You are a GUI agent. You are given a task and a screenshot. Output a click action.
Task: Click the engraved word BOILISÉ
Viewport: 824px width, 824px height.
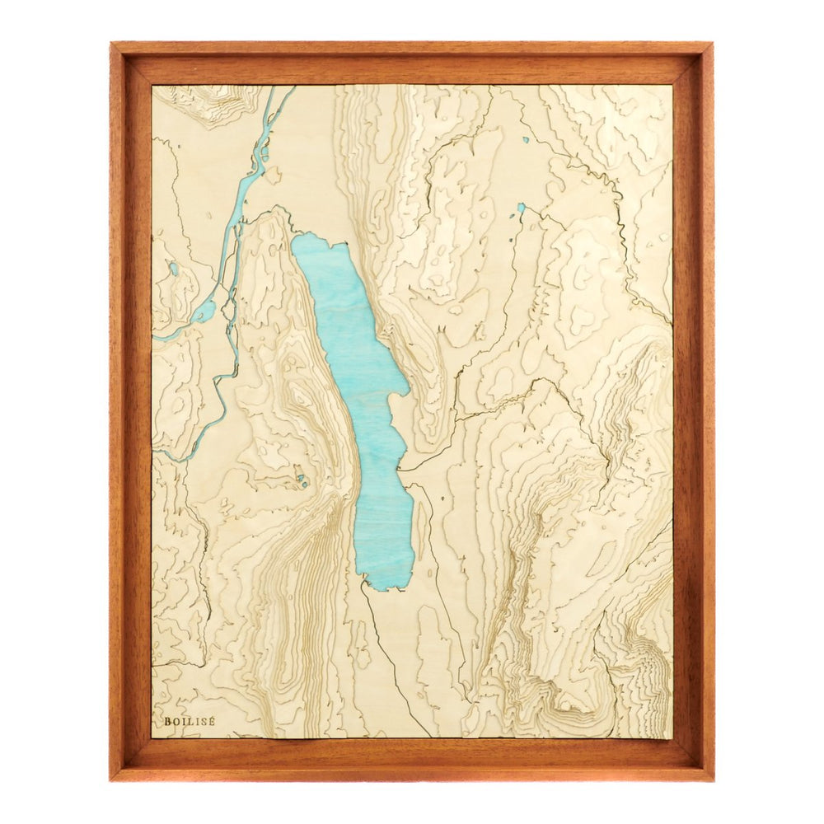pyautogui.click(x=190, y=721)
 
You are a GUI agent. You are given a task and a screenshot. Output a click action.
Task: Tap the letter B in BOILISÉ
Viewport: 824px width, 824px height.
pyautogui.click(x=167, y=721)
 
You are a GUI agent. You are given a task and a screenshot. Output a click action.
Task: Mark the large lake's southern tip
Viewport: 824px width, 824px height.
pyautogui.click(x=379, y=587)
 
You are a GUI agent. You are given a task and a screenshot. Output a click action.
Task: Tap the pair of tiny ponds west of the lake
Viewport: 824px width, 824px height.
pyautogui.click(x=302, y=480)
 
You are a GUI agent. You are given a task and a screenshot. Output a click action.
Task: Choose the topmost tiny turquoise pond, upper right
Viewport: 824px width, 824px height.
pyautogui.click(x=525, y=139)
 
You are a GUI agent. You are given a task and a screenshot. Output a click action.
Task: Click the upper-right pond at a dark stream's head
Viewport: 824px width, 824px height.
pyautogui.click(x=521, y=208)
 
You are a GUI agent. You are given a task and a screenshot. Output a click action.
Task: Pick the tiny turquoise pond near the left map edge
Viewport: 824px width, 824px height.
pyautogui.click(x=174, y=269)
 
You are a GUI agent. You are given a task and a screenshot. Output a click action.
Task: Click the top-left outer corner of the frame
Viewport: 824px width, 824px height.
pyautogui.click(x=111, y=43)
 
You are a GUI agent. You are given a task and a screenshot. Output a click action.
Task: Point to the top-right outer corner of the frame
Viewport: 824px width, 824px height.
pyautogui.click(x=712, y=43)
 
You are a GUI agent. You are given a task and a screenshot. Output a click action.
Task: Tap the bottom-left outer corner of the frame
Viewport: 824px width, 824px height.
pyautogui.click(x=111, y=780)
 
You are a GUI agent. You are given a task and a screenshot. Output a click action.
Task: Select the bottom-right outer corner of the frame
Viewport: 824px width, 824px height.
pyautogui.click(x=712, y=780)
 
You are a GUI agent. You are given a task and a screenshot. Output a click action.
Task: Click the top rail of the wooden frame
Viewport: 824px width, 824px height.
pyautogui.click(x=412, y=58)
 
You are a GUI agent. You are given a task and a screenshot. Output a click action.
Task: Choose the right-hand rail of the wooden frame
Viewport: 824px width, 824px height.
pyautogui.click(x=697, y=412)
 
